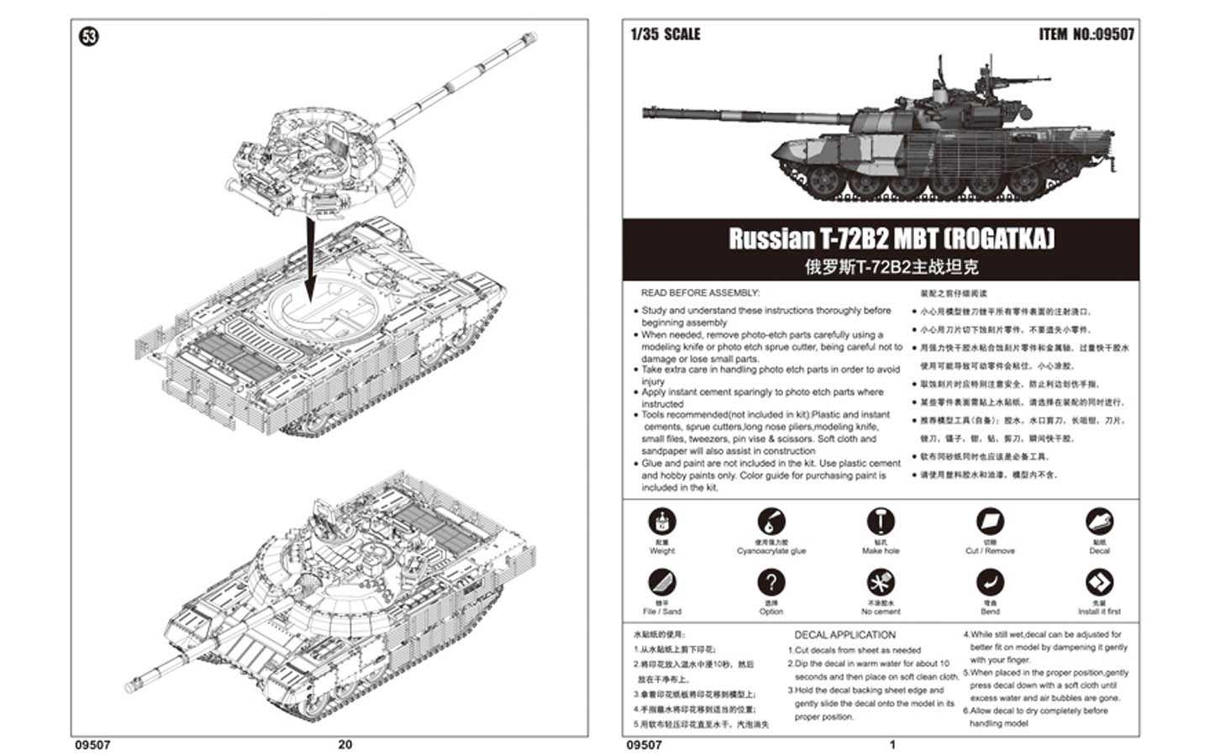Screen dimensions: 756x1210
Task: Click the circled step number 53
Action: tap(88, 36)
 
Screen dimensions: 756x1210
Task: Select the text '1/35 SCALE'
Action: tap(665, 34)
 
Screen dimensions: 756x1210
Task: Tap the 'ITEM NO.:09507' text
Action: tap(1086, 34)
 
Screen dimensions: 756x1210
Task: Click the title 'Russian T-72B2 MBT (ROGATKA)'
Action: tap(891, 239)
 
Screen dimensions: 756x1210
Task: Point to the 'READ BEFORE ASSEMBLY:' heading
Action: tap(699, 293)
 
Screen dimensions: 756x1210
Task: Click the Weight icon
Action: tap(662, 522)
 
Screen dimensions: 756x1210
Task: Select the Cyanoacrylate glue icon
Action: tap(771, 522)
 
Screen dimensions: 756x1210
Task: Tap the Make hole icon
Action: tap(880, 522)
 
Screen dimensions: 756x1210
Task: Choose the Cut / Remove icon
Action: tap(990, 522)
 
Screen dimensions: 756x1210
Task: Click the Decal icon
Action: tap(1099, 522)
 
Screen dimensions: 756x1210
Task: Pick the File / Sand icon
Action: tap(662, 582)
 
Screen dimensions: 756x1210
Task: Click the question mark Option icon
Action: tap(771, 582)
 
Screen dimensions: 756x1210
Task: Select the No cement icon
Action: tap(880, 582)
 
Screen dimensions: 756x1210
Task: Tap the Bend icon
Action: tap(990, 582)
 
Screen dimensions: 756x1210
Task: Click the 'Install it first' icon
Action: tap(1099, 582)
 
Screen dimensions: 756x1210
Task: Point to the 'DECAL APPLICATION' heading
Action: tap(844, 635)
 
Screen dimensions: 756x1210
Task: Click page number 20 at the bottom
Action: tap(345, 744)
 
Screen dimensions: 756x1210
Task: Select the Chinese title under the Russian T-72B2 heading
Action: tap(891, 268)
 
